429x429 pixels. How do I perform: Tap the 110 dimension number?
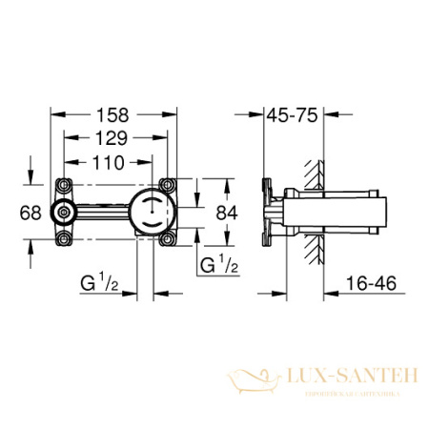(108, 163)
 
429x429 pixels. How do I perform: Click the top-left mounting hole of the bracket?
(66, 186)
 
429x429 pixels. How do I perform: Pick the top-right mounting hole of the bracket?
(168, 186)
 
